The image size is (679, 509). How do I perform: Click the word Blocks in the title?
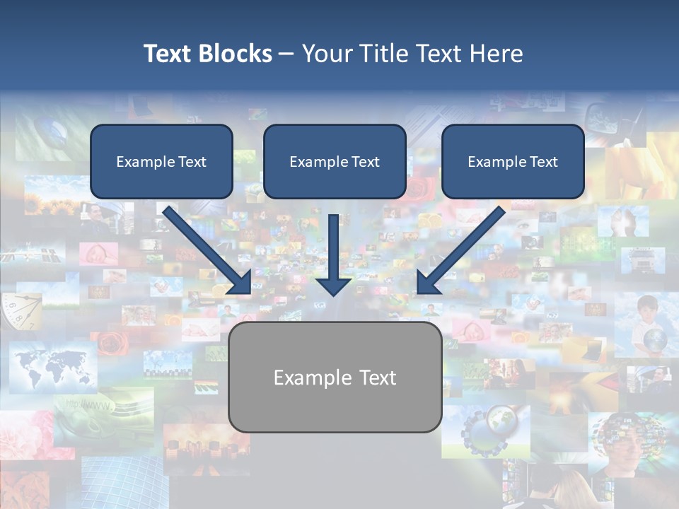[x=236, y=54]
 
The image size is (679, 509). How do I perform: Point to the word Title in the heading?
[x=388, y=54]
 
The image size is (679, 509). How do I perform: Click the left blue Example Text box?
[x=161, y=162]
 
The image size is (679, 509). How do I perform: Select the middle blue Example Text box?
[x=335, y=162]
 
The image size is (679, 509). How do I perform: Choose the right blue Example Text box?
[x=513, y=162]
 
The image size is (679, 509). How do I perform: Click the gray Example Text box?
[x=335, y=378]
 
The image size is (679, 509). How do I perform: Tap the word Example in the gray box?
[x=306, y=378]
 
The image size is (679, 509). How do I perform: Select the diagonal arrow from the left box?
[x=205, y=247]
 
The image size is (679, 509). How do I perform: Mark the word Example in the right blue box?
[x=494, y=162]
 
